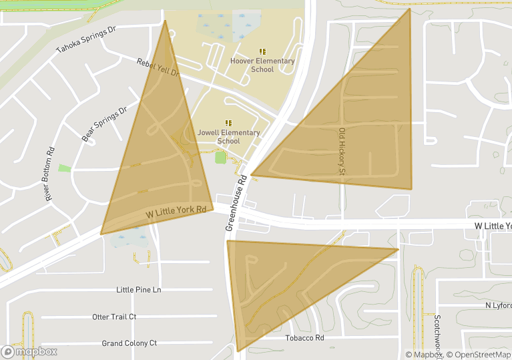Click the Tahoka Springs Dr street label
pos(86,39)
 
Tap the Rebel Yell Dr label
pos(158,67)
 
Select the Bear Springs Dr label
pos(104,124)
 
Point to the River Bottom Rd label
pos(49,174)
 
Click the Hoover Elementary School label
pos(262,65)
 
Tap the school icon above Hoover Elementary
pos(262,51)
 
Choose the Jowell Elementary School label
pos(228,136)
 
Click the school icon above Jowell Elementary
pos(228,122)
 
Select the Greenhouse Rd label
pos(236,202)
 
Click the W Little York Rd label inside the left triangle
pos(176,212)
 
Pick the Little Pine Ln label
pos(139,290)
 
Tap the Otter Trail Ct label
pos(114,317)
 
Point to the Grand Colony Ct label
pos(130,343)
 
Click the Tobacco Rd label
pos(305,338)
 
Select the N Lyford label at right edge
pos(498,305)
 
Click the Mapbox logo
pos(30,351)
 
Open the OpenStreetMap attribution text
pos(479,355)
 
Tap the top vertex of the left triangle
pos(165,21)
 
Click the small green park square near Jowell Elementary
pos(220,158)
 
